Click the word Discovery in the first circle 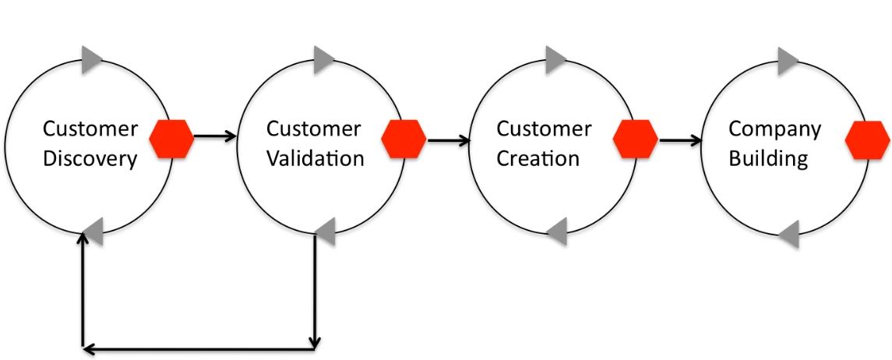90,159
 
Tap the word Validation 316,158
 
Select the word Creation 538,158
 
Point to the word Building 769,159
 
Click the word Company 775,130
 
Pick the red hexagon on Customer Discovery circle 171,138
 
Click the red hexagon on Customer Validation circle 404,139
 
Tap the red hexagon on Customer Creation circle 636,139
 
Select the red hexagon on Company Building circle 868,139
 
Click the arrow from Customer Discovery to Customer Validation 215,136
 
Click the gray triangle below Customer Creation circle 557,231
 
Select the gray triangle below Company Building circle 788,234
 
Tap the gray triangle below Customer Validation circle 326,232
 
